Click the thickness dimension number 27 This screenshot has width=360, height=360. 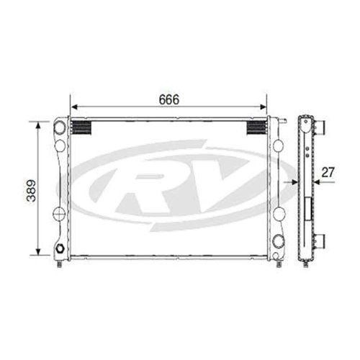click(x=329, y=172)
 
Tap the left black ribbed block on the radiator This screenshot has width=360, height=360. click(x=80, y=127)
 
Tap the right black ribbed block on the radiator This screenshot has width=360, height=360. click(x=257, y=127)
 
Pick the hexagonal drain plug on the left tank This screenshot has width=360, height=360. click(x=60, y=250)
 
